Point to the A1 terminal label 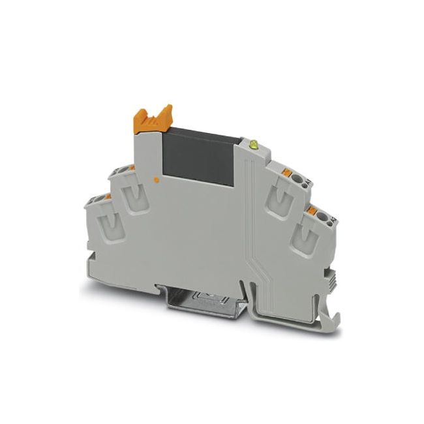[x=305, y=185]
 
